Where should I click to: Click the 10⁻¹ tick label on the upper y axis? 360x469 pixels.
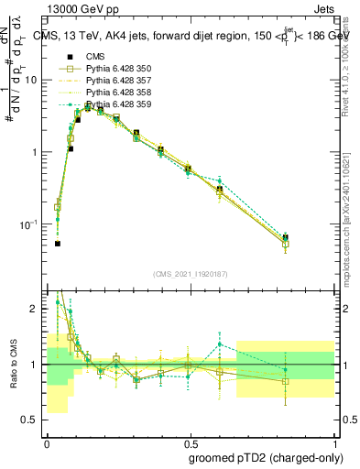click(32, 224)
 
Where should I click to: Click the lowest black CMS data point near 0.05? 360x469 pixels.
click(57, 244)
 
